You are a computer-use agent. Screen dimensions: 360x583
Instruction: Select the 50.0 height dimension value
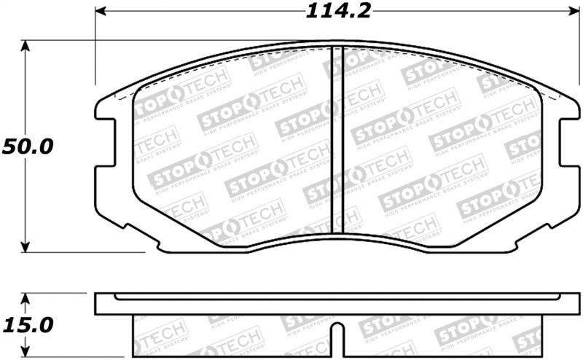pyautogui.click(x=27, y=146)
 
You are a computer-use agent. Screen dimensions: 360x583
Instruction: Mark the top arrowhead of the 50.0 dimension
pyautogui.click(x=26, y=46)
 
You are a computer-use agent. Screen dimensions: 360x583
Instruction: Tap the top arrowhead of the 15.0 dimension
pyautogui.click(x=26, y=298)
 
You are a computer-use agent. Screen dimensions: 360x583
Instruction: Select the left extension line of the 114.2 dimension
pyautogui.click(x=95, y=51)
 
